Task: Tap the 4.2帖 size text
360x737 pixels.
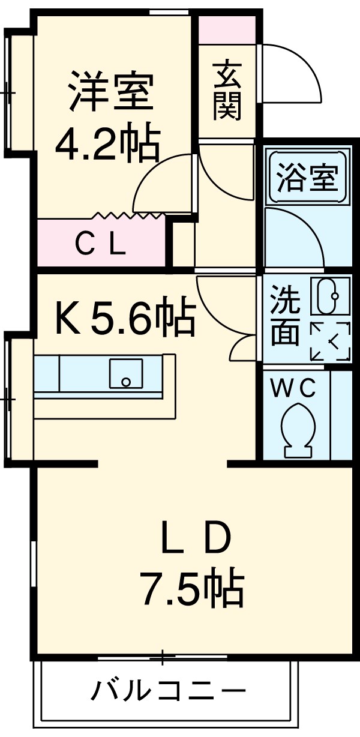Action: click(x=108, y=143)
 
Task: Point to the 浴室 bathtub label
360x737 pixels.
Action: click(x=308, y=177)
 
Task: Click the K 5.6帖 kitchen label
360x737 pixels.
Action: click(x=125, y=319)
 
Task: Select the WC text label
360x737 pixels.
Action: click(x=293, y=390)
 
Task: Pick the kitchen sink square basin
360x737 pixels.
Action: click(x=125, y=374)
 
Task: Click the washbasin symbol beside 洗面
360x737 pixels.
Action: click(x=329, y=296)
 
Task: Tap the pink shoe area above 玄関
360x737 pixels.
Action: click(x=227, y=29)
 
